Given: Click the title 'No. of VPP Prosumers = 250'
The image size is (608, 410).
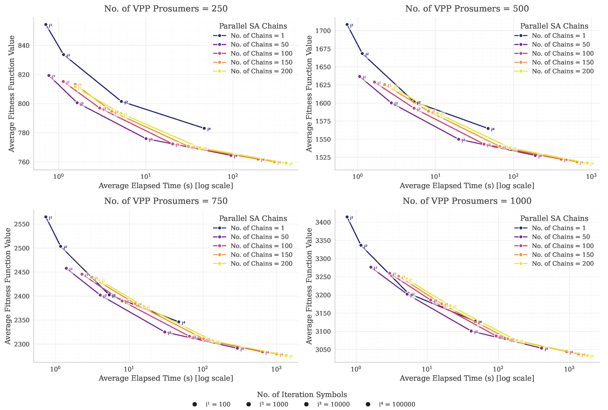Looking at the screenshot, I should tap(166, 9).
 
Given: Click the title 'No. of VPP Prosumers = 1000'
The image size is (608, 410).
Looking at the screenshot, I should tap(467, 201).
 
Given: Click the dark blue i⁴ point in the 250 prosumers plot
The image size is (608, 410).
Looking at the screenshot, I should tap(204, 128).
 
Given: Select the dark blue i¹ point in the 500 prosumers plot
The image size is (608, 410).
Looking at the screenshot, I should tap(347, 25).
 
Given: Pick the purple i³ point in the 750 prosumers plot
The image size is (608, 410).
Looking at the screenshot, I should tap(165, 332).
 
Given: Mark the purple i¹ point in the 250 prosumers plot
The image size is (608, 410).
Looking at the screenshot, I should tap(49, 76).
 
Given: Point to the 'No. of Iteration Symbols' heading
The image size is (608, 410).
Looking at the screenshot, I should tap(302, 395).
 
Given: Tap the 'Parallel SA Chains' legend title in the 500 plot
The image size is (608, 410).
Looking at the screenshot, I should tap(554, 26).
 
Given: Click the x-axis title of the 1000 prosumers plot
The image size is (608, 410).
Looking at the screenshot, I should tap(467, 378).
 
